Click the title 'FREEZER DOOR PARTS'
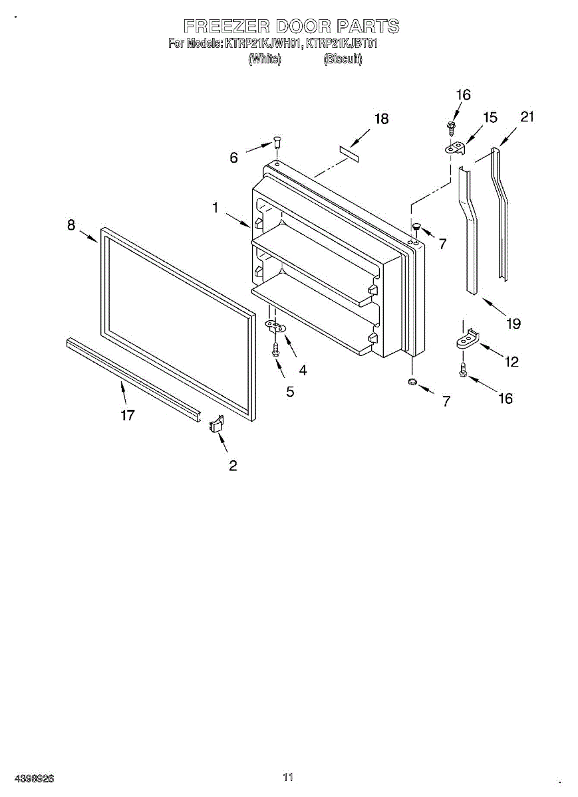tap(291, 27)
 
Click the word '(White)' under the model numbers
tap(265, 59)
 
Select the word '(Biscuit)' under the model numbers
tap(343, 59)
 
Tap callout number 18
tap(381, 120)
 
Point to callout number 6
tap(234, 158)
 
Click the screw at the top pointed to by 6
tap(277, 142)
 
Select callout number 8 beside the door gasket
tap(71, 225)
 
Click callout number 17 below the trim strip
tap(128, 415)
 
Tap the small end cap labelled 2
tap(216, 424)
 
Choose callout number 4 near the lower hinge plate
tap(303, 371)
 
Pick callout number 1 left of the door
tap(215, 208)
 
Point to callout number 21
tap(527, 117)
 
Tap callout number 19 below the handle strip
tap(513, 323)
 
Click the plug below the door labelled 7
tap(412, 382)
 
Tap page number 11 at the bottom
tap(288, 777)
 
